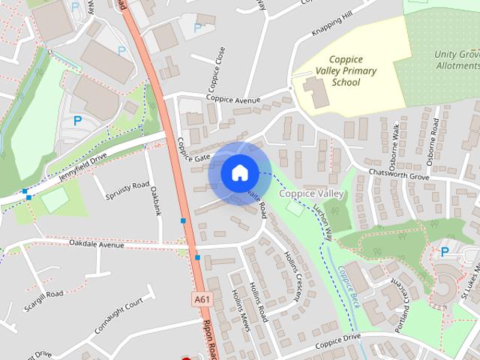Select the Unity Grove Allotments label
tap(456, 60)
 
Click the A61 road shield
tap(201, 299)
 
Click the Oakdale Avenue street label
tap(97, 244)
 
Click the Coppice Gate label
tap(193, 158)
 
